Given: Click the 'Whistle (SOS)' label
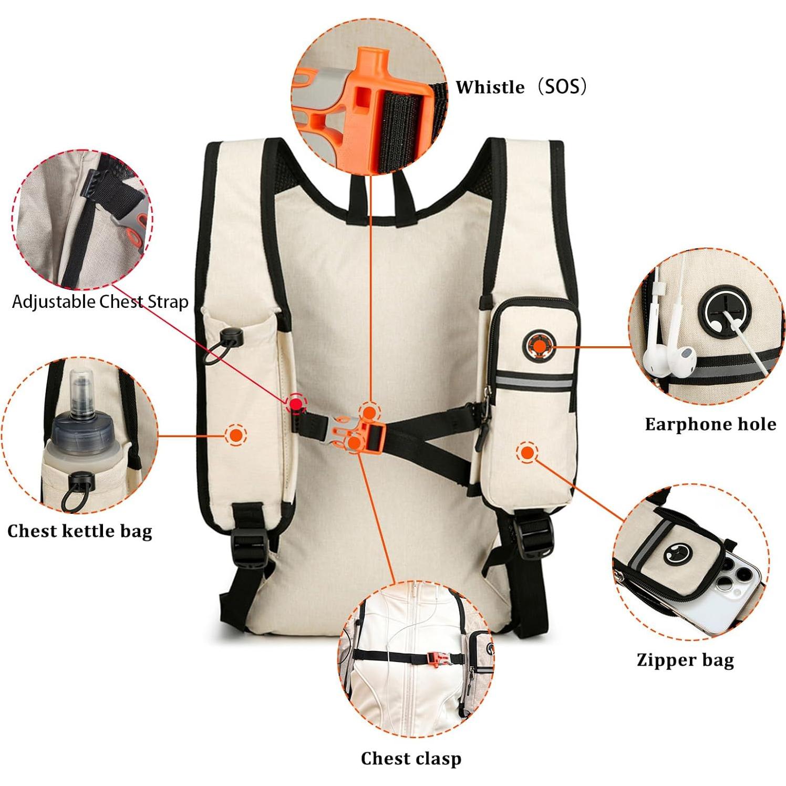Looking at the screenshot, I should [521, 87].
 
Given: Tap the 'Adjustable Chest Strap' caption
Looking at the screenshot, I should [100, 302].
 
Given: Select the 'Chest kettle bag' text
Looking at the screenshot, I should [80, 531].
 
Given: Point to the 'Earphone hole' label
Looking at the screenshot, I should [710, 424].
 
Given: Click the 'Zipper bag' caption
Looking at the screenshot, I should [685, 660].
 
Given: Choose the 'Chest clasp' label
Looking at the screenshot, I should [411, 758].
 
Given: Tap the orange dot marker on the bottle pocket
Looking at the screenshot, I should [236, 435].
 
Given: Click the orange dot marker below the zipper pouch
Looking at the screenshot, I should [526, 452].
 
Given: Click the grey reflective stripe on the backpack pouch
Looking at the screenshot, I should [534, 382].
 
